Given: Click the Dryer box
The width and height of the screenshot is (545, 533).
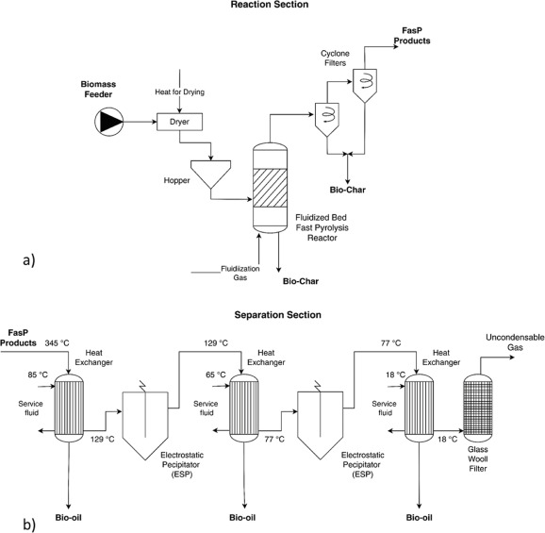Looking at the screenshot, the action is point(179,122).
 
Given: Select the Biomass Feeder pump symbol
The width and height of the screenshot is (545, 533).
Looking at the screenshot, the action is point(108,122).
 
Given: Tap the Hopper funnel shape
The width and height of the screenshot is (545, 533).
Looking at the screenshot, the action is point(210,175).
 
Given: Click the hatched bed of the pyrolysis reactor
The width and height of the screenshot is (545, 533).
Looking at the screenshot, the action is point(270,188).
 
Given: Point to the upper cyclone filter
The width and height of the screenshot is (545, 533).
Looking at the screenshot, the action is point(365,85).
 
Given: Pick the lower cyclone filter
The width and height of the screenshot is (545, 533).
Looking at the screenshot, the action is point(327,119).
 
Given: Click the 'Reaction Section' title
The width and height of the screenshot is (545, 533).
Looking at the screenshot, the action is point(270,5).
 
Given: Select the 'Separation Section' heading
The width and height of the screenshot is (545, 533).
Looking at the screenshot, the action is point(278,315).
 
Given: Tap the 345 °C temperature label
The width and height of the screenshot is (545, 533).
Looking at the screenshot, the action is point(57,343).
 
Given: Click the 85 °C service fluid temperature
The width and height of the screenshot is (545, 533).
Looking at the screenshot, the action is point(38,375).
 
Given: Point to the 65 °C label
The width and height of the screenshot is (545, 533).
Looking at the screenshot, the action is point(216,375).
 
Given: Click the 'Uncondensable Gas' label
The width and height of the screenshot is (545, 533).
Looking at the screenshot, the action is point(515,342).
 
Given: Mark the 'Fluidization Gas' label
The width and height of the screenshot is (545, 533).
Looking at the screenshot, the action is point(240,273).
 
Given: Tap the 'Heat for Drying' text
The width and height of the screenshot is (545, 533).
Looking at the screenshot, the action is point(180,92).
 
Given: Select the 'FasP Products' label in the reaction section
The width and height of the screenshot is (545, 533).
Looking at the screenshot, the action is point(412,36).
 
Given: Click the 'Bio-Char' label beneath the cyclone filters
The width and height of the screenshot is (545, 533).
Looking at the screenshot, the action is point(348,190).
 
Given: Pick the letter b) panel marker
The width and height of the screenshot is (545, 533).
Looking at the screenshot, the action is point(29,525).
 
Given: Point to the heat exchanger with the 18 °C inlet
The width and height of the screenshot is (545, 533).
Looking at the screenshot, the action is point(420,408).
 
